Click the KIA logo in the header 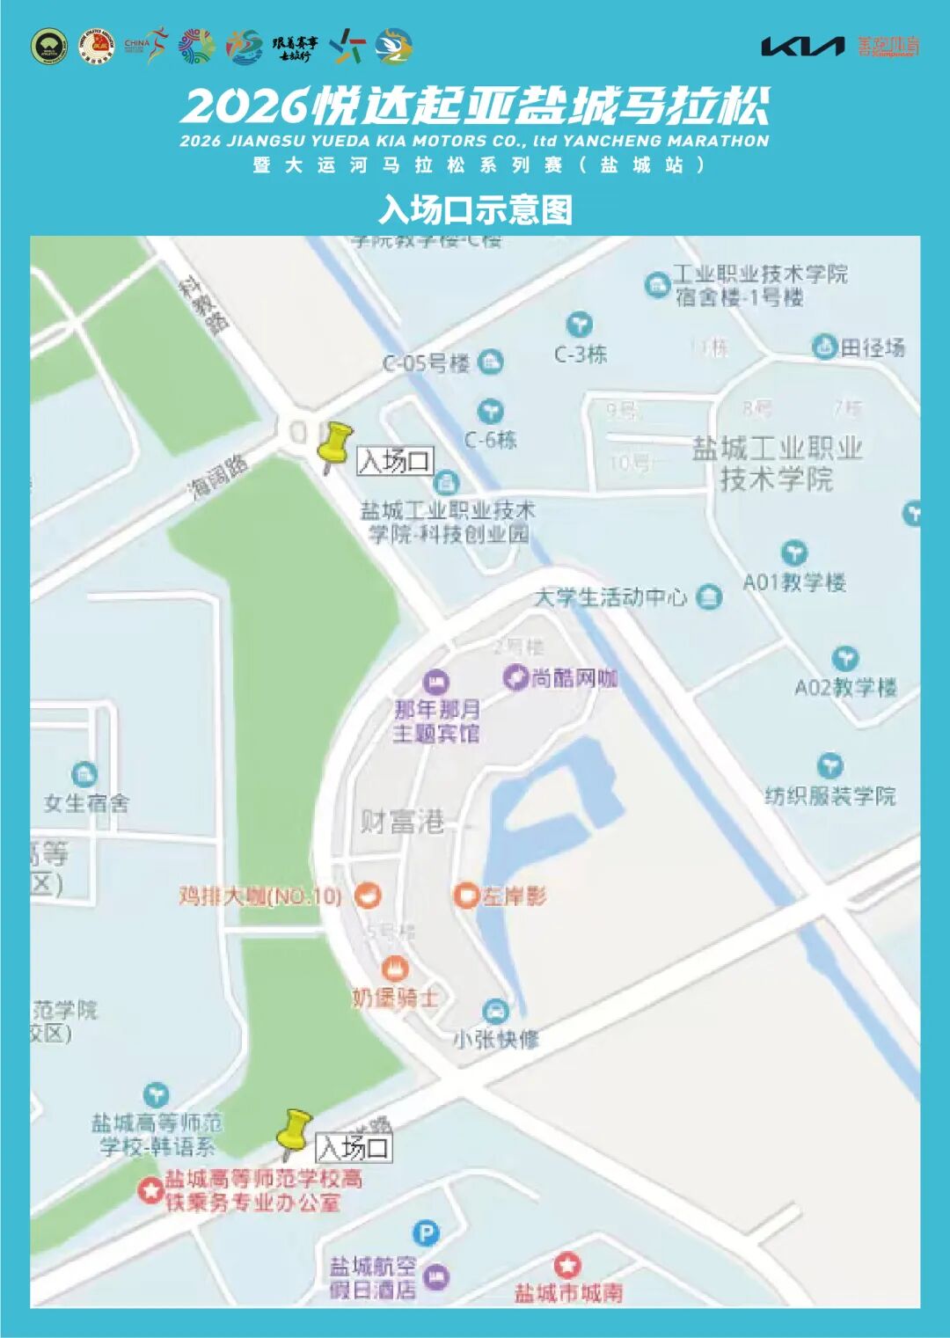pos(801,47)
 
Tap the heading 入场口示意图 pos(475,209)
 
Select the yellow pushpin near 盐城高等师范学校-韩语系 pos(294,1132)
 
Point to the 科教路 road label pos(204,304)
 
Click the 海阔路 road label pos(220,476)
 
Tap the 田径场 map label pos(871,347)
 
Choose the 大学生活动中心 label pos(611,598)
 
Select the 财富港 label pos(402,822)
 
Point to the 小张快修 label pos(496,1039)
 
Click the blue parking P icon pos(426,1233)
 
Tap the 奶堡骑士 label pos(394,998)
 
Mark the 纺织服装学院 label pos(830,796)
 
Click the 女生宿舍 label pos(86,802)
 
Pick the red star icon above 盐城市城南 pos(567,1266)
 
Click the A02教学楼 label pos(845,687)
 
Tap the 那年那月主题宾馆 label pos(436,720)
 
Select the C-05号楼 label pos(427,362)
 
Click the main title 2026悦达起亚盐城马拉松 pos(475,106)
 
